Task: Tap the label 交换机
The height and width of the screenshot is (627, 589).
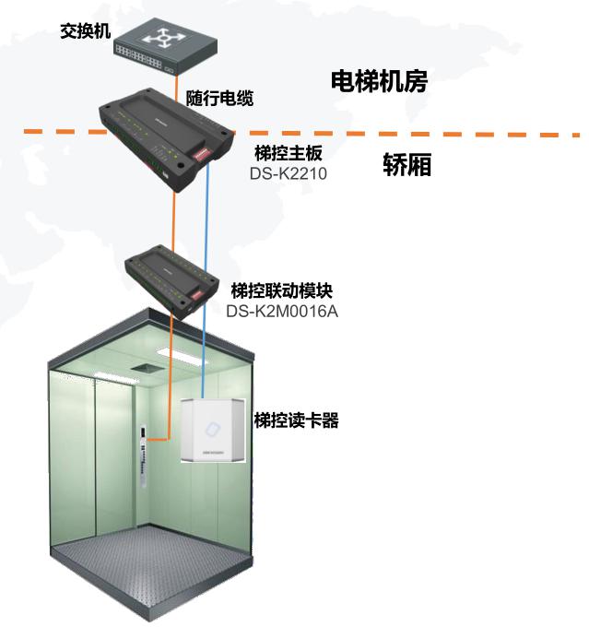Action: click(x=85, y=31)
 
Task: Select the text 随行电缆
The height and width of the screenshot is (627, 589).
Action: click(x=219, y=98)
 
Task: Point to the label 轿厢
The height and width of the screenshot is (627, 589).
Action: click(x=406, y=166)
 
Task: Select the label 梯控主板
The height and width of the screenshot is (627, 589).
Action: click(x=288, y=153)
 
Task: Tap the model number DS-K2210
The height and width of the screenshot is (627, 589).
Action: click(x=289, y=172)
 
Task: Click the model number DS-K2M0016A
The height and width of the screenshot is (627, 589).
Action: click(x=282, y=311)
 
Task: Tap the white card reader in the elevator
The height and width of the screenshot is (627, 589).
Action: click(x=214, y=432)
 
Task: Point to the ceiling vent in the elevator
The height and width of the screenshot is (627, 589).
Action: click(x=143, y=367)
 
